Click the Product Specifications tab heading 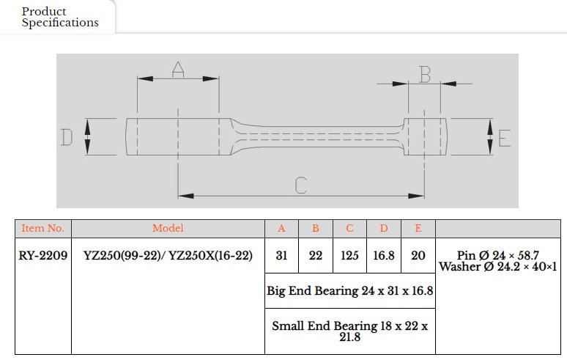click(x=60, y=17)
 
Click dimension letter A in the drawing click(x=178, y=70)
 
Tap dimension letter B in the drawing click(x=425, y=74)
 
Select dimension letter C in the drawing click(x=301, y=185)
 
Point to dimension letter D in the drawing click(x=67, y=137)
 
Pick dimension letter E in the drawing click(x=505, y=138)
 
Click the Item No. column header click(x=42, y=228)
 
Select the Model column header click(x=168, y=228)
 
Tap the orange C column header click(x=349, y=228)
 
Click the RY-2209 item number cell click(x=43, y=255)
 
